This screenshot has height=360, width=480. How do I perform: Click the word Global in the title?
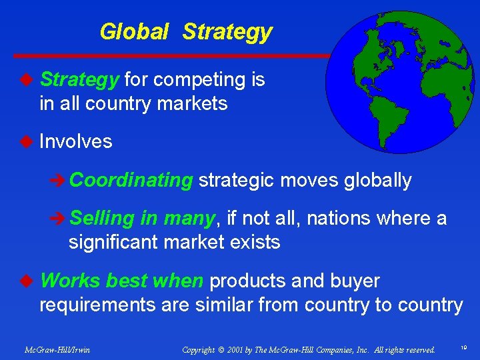[133, 31]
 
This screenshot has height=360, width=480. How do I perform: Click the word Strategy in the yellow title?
[227, 31]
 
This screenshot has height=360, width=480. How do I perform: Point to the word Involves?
[76, 141]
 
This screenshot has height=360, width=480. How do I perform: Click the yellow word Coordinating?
[131, 180]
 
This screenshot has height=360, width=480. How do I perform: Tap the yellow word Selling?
[103, 218]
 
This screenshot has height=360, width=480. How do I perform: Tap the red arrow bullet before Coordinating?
[58, 181]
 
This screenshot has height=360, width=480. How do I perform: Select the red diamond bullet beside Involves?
[26, 141]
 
